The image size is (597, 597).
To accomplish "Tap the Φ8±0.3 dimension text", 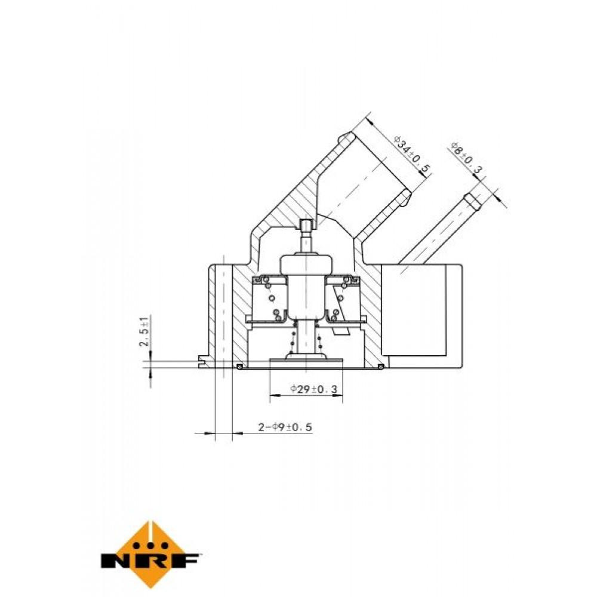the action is pyautogui.click(x=467, y=158).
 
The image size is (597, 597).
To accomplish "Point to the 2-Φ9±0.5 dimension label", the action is pyautogui.click(x=285, y=427).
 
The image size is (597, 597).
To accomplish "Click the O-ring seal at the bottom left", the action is pyautogui.click(x=239, y=367).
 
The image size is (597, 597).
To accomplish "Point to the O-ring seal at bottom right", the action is pyautogui.click(x=380, y=367).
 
